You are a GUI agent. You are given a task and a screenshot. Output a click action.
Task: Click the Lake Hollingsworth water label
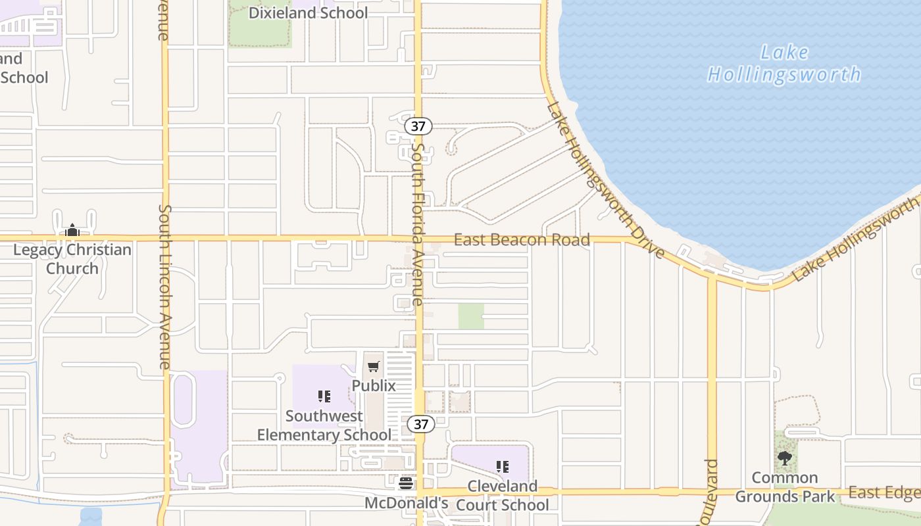click(x=784, y=63)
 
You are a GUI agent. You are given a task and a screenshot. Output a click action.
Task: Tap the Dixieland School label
click(x=308, y=13)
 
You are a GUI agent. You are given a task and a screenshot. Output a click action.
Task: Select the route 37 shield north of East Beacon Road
click(x=418, y=126)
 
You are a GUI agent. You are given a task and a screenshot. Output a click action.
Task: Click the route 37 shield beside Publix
click(x=421, y=424)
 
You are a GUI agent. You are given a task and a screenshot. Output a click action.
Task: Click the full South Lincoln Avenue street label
click(x=164, y=286)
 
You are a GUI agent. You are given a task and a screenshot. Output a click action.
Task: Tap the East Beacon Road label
click(x=522, y=240)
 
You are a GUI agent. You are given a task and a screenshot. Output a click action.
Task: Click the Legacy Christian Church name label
click(x=72, y=259)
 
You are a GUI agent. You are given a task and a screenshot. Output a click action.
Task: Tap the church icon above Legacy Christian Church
click(x=72, y=231)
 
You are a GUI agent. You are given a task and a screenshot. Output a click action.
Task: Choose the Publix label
click(x=374, y=386)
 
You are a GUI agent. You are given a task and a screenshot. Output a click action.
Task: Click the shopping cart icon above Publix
click(x=374, y=366)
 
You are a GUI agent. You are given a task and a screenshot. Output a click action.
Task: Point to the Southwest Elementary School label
click(x=324, y=425)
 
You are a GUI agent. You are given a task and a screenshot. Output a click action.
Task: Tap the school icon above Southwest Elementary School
click(x=324, y=396)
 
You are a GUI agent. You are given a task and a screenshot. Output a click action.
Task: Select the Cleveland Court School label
click(x=503, y=496)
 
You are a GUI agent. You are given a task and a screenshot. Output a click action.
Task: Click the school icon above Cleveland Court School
click(x=503, y=467)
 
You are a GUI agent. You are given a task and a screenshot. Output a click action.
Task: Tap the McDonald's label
click(x=407, y=503)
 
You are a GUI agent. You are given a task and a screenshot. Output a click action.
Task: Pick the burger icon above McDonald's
click(x=406, y=483)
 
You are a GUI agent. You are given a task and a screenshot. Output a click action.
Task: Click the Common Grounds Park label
click(x=785, y=487)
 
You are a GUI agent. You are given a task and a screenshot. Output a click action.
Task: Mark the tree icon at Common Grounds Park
click(x=784, y=458)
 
